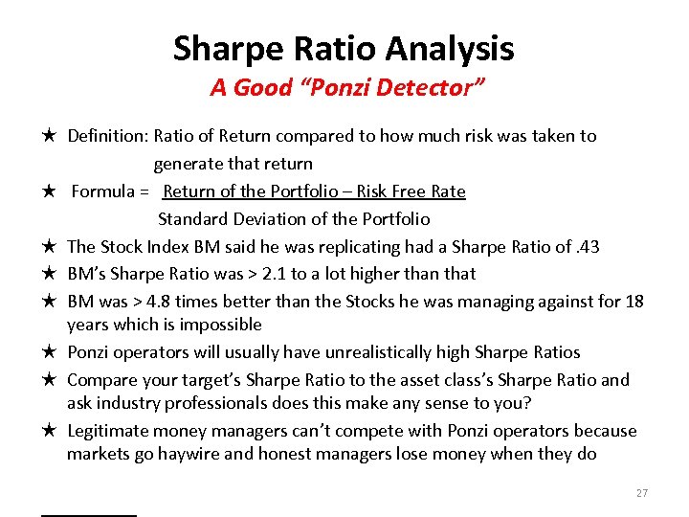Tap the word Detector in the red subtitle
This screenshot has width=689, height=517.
pyautogui.click(x=431, y=89)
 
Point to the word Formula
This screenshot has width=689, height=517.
pyautogui.click(x=103, y=191)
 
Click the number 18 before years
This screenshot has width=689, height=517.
pyautogui.click(x=633, y=302)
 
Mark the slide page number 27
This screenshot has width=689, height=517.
pyautogui.click(x=641, y=493)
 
